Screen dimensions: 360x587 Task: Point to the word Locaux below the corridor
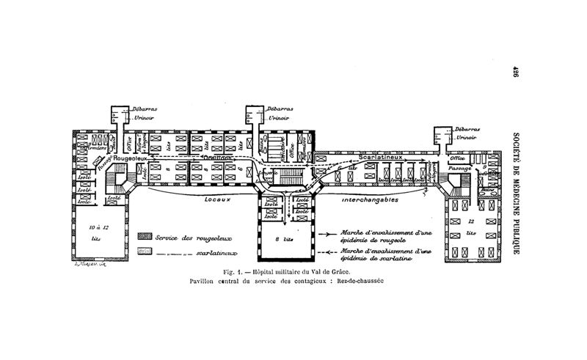[x=219, y=199]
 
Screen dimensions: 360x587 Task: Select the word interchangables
[x=370, y=199]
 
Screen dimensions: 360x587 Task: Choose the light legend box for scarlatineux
[x=145, y=251]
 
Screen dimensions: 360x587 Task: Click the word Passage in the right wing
[x=460, y=168]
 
